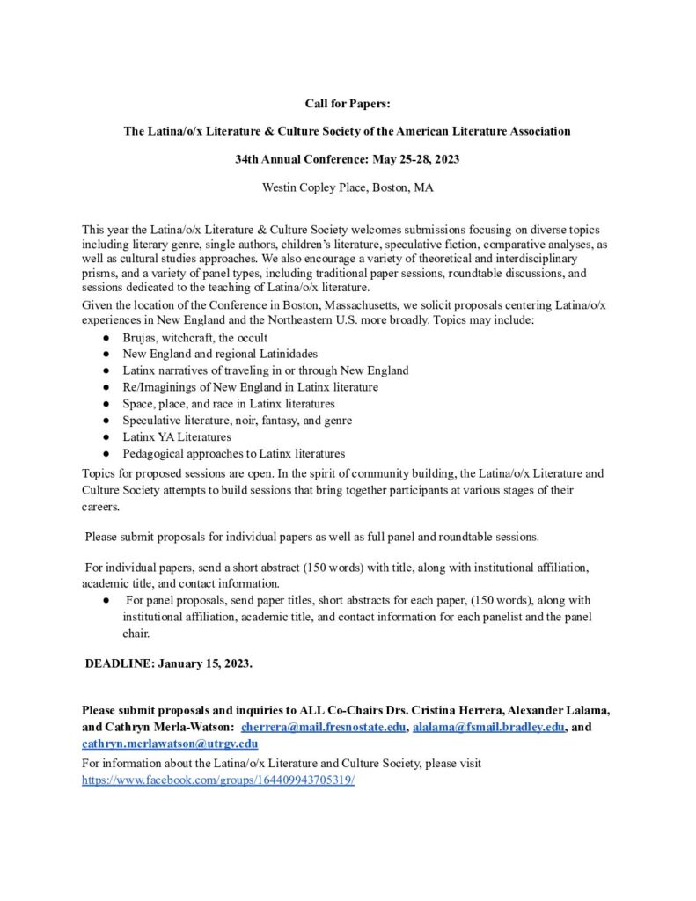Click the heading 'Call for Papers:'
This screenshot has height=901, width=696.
pos(348,104)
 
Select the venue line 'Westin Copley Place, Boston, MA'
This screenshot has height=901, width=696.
pos(348,187)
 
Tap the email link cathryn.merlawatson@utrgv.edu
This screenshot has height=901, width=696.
pos(170,744)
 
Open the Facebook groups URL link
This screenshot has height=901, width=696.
pos(218,780)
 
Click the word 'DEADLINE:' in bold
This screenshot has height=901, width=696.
pos(120,663)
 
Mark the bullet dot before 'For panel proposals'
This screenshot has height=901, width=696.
pos(105,600)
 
